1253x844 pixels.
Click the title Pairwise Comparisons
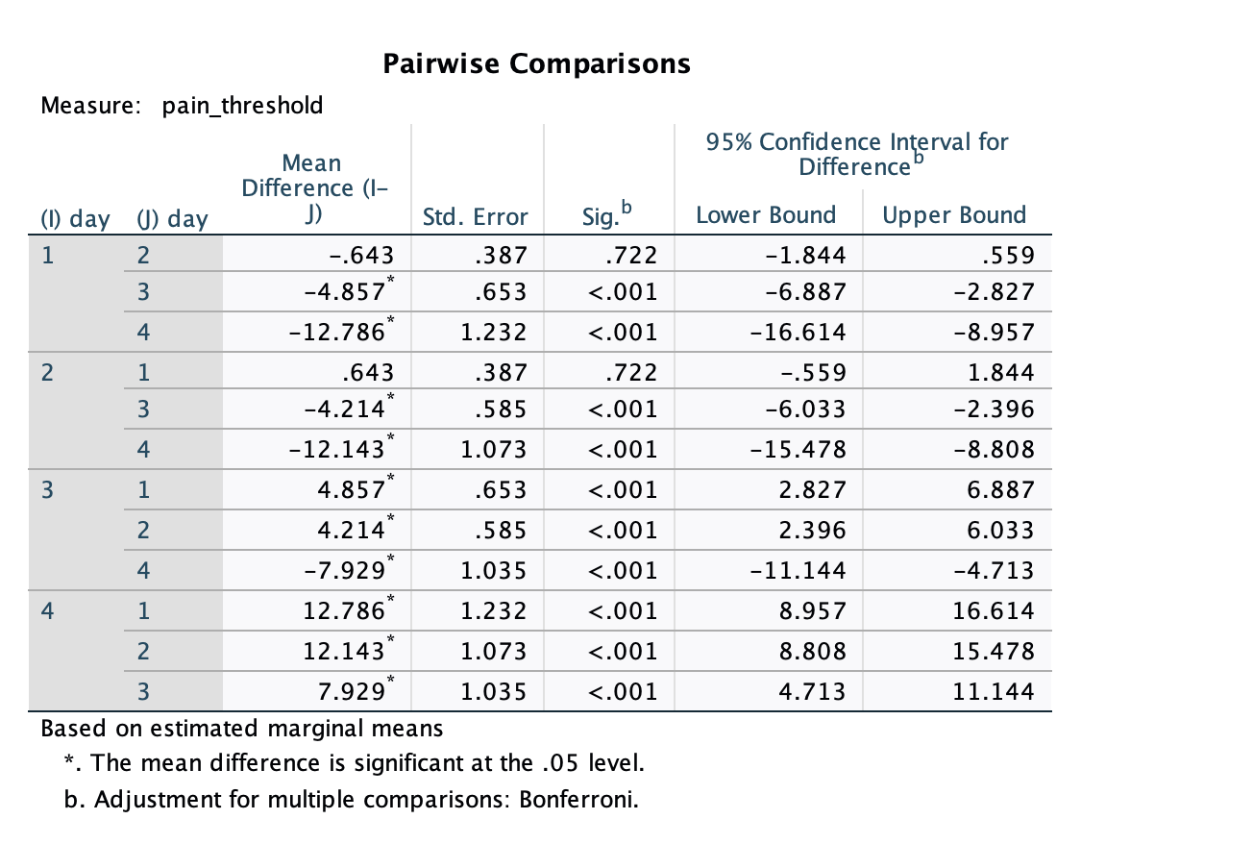(536, 63)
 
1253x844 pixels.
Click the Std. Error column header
(476, 217)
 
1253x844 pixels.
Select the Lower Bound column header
(766, 215)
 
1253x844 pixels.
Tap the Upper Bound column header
(954, 215)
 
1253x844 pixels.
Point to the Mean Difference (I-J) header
(310, 188)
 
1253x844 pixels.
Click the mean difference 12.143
(344, 652)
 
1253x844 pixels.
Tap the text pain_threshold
(243, 106)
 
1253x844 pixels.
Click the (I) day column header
(75, 219)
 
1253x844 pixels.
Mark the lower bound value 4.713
(813, 691)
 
